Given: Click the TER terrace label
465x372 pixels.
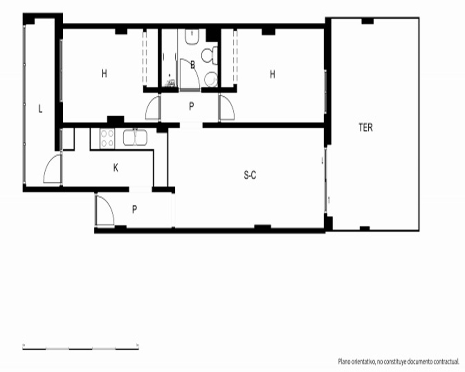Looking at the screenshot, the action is coord(365,127).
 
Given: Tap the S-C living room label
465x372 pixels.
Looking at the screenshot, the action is coord(250,175).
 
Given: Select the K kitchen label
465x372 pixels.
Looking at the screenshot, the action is coord(116,168).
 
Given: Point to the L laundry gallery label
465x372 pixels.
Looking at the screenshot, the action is coord(40,109).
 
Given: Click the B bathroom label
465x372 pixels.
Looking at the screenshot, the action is coord(193,65).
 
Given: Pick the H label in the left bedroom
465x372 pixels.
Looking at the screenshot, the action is coord(104,73).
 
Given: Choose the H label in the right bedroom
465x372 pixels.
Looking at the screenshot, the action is coord(272,74).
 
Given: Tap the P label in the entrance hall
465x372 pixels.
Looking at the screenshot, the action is coord(135,210).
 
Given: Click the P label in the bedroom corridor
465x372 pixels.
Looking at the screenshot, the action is coord(192,106).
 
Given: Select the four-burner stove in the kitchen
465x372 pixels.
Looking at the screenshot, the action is coord(107,139).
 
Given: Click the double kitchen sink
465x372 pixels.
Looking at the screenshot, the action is coord(135,138).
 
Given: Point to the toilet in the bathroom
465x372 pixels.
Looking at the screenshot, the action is coord(209,55).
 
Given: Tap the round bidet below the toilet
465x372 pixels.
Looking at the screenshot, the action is coord(211,79).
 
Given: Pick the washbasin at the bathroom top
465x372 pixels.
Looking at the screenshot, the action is coord(192,37).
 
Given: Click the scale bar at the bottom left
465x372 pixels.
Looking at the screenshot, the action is coord(80,347).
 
